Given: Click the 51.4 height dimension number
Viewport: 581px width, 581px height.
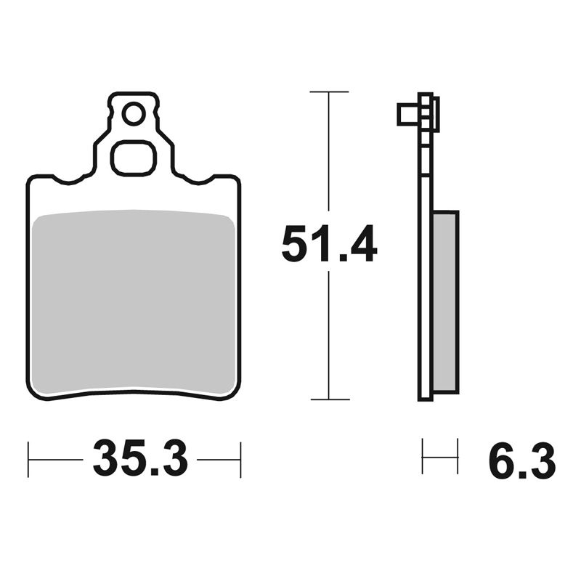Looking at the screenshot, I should (329, 244).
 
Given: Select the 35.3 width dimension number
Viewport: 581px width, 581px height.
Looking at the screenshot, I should (140, 459).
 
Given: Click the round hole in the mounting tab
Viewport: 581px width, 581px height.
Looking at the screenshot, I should (133, 114).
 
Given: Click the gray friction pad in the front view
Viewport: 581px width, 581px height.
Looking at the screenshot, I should (134, 301).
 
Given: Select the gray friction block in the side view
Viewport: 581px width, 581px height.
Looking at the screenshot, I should (445, 301).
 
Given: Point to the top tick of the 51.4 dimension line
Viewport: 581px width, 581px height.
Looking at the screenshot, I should (329, 92).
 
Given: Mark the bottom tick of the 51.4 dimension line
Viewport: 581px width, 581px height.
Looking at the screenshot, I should (329, 399).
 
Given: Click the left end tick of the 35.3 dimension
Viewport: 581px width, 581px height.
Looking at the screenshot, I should (28, 459).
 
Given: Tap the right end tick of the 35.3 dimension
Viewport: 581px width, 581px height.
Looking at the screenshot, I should (240, 459).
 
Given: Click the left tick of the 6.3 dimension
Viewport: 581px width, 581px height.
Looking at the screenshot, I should (423, 455).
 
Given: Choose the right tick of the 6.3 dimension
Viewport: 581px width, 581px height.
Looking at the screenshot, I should (458, 455).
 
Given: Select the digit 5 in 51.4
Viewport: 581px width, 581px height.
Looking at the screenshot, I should (296, 244).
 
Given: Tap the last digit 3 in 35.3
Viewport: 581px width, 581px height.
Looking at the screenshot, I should (174, 459).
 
